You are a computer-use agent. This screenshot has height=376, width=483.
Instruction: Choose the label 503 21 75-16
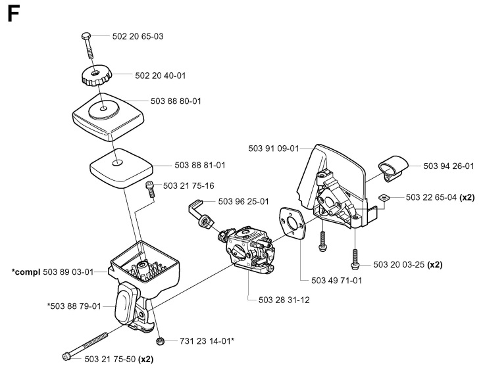point(188,186)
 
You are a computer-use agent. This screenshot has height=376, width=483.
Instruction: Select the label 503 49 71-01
point(337,279)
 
